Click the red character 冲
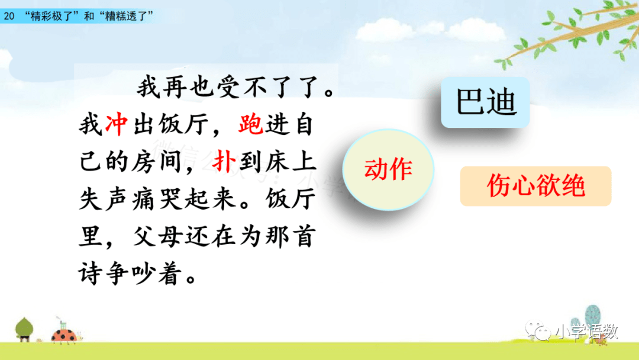117,124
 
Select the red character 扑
224,162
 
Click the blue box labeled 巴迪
485,102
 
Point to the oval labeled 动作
388,169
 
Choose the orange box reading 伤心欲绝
535,186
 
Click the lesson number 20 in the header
9,16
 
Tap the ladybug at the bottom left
64,335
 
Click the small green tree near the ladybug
24,329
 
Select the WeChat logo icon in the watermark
537,330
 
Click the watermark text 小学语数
586,332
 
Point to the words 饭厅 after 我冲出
183,124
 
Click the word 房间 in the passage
156,162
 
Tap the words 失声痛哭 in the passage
130,199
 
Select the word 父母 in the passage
156,236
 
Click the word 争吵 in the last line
130,274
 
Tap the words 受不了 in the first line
254,87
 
